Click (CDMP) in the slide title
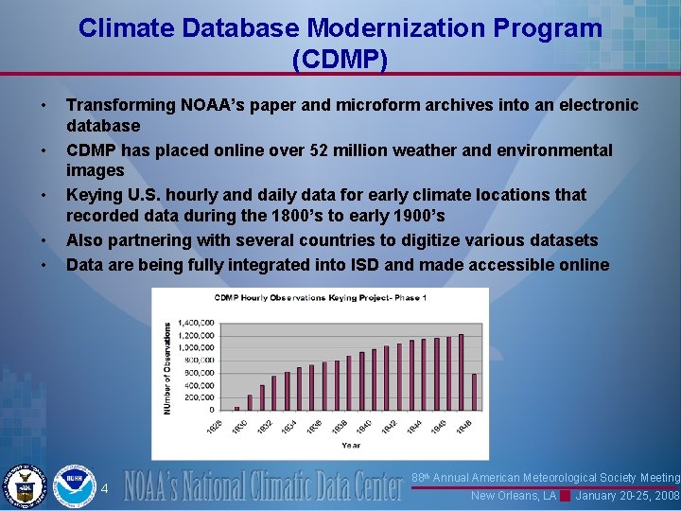340,60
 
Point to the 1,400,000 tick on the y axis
197,324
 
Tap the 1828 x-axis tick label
215,426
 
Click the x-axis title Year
350,444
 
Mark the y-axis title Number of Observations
167,367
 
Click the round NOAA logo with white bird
73,485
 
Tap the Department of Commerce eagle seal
24,485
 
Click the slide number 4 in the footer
105,488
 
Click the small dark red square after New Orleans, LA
565,496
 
